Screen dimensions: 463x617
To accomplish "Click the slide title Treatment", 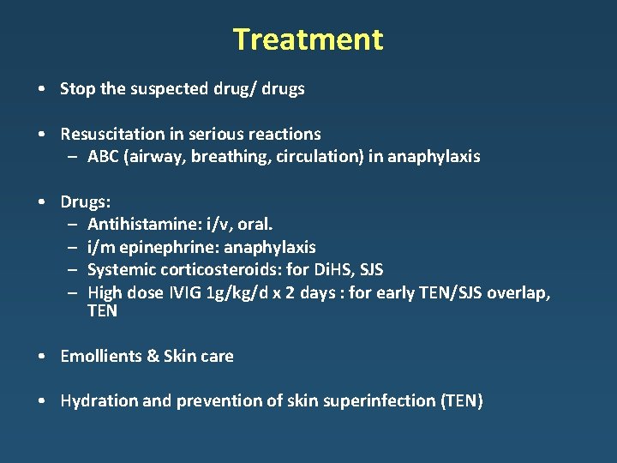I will pos(308,39).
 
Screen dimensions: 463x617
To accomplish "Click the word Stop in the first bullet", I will pos(77,88).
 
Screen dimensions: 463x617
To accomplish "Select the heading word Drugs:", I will pos(85,201).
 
